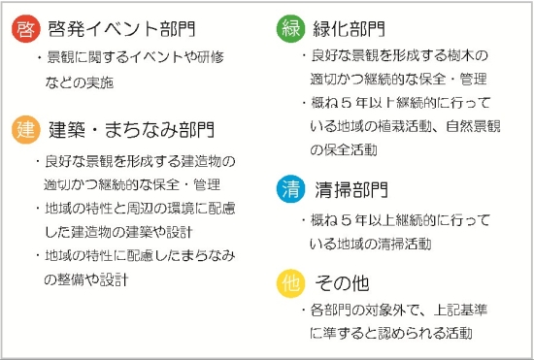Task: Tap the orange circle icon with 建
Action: (26, 129)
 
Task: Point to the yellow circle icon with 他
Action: (289, 284)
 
